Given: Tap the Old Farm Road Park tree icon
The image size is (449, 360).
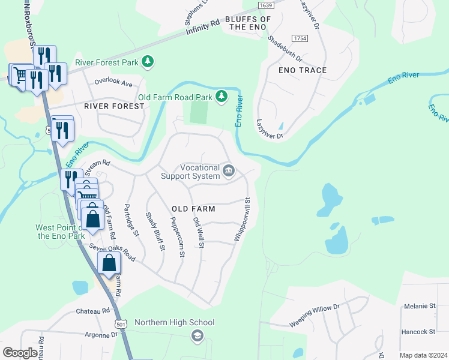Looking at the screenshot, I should pyautogui.click(x=221, y=97).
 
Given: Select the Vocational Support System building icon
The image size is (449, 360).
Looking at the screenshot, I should pyautogui.click(x=228, y=172).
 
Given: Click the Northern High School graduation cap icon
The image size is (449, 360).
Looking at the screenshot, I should pyautogui.click(x=197, y=336).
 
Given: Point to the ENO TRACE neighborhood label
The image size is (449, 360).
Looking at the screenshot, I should pyautogui.click(x=303, y=70).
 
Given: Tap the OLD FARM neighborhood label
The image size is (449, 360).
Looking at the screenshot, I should pyautogui.click(x=193, y=208).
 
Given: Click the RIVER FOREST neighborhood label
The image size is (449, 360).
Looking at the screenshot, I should pyautogui.click(x=114, y=106).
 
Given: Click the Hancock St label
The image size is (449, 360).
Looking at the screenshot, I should pyautogui.click(x=418, y=331).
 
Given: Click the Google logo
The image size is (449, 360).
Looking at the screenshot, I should pyautogui.click(x=20, y=353).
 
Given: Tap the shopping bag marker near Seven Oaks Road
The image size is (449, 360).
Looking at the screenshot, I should pyautogui.click(x=109, y=264).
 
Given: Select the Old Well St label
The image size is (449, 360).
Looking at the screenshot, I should pyautogui.click(x=199, y=233).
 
